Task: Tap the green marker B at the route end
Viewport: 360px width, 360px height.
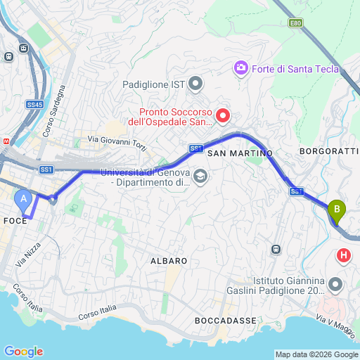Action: click(337, 210)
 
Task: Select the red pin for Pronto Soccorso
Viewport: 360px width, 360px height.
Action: click(223, 115)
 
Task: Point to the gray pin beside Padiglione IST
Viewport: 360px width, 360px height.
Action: click(196, 84)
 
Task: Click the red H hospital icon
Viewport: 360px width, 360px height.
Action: click(344, 255)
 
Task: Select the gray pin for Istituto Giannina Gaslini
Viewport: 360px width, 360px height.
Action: click(335, 284)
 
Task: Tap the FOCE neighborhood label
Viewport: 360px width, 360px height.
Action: click(15, 220)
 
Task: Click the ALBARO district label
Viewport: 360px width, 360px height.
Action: click(169, 261)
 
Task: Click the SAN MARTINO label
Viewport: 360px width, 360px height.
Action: click(240, 153)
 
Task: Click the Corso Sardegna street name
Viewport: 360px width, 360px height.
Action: click(54, 111)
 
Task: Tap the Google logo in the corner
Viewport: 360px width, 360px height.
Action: click(23, 352)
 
